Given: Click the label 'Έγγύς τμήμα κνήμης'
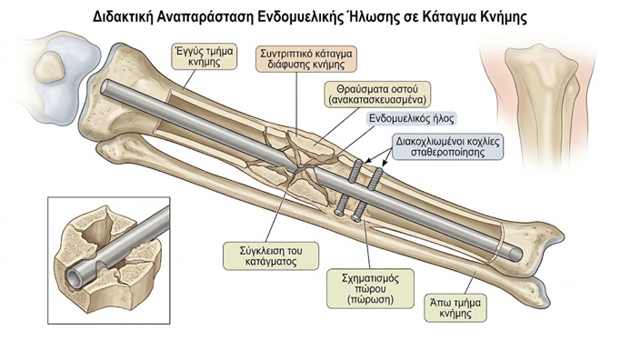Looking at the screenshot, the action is coord(204,56).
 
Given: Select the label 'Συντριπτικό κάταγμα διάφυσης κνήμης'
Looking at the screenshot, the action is coord(306,59).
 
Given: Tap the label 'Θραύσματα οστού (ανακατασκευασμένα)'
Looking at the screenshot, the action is coord(377,95).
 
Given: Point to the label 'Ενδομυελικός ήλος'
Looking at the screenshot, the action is coord(412,118).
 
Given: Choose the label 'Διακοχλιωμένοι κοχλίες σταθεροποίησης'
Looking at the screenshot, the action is coord(448,146).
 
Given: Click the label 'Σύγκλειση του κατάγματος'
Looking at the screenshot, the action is coord(271,256).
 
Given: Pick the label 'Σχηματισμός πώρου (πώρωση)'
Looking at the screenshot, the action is coord(370,289).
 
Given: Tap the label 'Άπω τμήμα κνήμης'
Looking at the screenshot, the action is coord(455,308).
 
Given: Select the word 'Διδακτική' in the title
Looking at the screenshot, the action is coord(122,17).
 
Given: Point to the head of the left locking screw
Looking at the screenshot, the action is coord(338,212).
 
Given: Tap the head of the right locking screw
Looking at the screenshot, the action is coord(356,216).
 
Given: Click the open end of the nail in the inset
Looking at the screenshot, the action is coord(74,275).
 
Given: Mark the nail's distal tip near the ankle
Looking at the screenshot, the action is coord(515,255).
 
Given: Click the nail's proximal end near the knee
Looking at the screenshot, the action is coord(105,87).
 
